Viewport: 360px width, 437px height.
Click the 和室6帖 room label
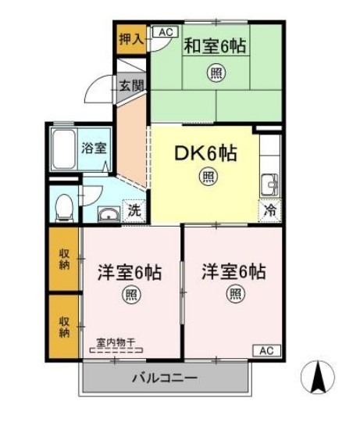pos(215,46)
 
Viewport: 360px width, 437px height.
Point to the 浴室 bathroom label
pos(94,148)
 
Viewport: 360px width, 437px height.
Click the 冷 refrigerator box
pos(269,210)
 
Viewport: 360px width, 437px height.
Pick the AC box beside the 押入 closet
pos(165,32)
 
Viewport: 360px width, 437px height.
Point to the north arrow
pos(318,378)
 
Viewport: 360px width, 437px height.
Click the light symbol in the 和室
pos(214,74)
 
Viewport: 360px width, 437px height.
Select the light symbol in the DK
pos(209,177)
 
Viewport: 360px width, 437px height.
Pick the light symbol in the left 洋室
pos(129,295)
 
